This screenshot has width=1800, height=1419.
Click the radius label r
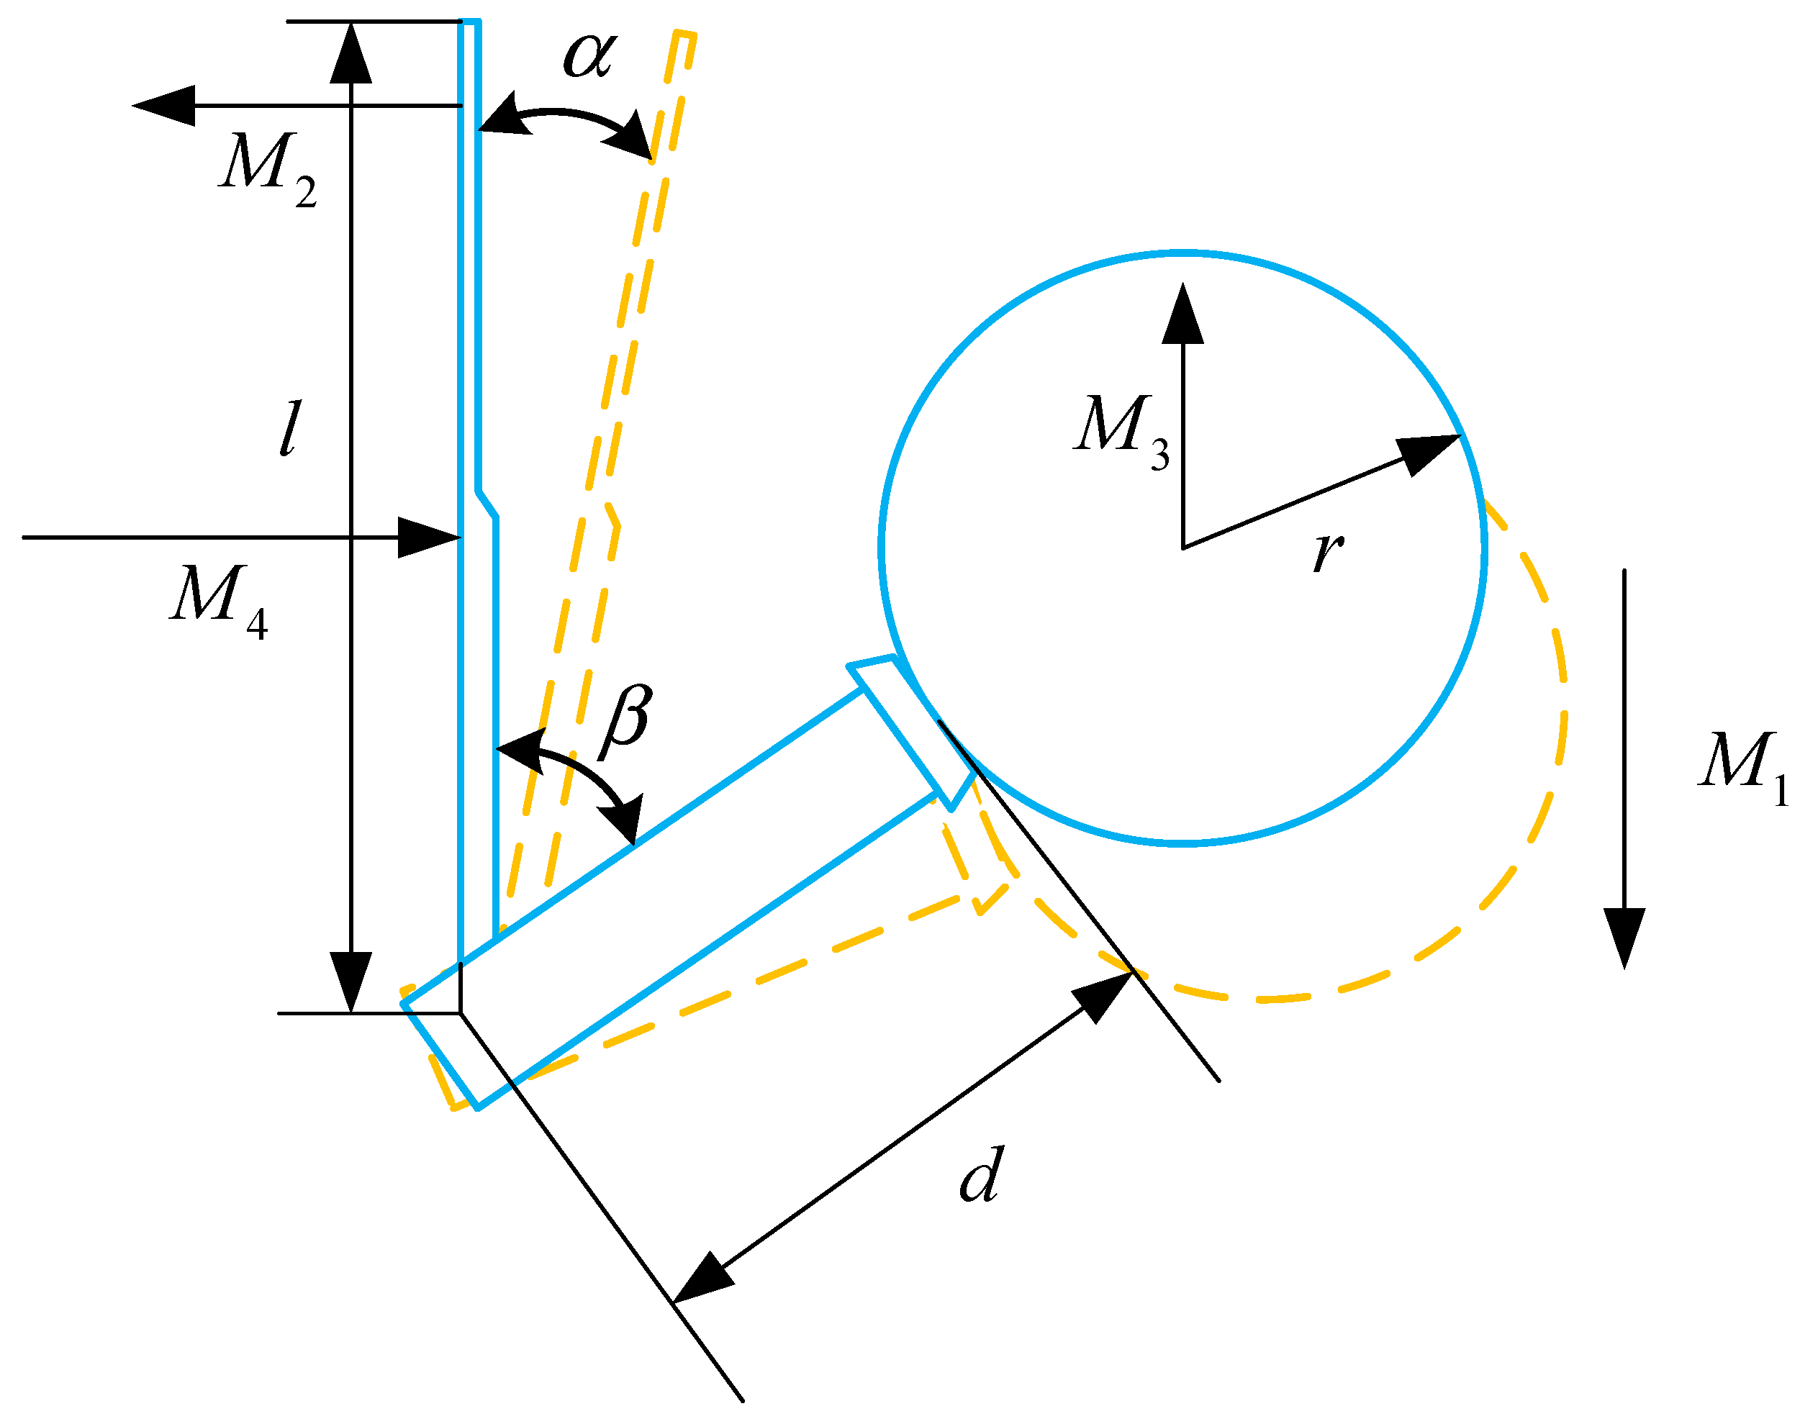(1327, 550)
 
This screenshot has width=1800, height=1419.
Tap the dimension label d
(982, 1176)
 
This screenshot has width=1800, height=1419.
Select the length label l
(289, 428)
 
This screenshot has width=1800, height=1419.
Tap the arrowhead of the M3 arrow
(1182, 314)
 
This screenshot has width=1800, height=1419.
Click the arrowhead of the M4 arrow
(429, 538)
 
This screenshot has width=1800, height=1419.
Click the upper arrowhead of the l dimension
(350, 55)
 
